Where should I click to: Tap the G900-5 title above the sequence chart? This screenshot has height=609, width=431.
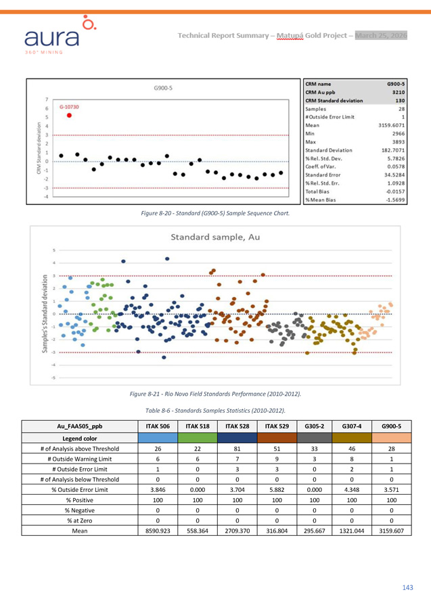[163, 87]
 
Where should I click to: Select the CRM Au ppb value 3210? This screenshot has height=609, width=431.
[395, 92]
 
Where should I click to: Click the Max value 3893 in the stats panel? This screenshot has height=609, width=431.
[394, 141]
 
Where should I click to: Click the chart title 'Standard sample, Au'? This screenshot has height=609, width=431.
[214, 238]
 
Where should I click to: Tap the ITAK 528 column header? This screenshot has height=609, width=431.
[237, 427]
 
